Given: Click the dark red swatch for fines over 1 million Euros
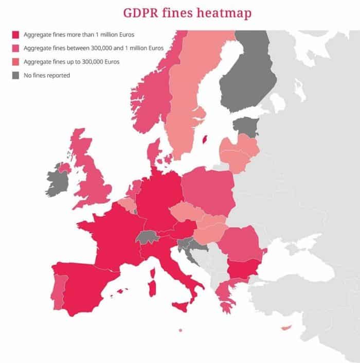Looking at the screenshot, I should click(x=15, y=35).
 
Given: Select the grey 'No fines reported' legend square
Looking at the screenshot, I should click(x=15, y=75).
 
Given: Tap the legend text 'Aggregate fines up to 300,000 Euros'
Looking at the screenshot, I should click(x=70, y=62).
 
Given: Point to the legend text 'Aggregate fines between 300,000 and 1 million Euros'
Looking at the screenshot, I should click(x=94, y=48).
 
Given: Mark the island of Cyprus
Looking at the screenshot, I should click(x=286, y=328).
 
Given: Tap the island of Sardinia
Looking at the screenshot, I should click(x=153, y=285).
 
